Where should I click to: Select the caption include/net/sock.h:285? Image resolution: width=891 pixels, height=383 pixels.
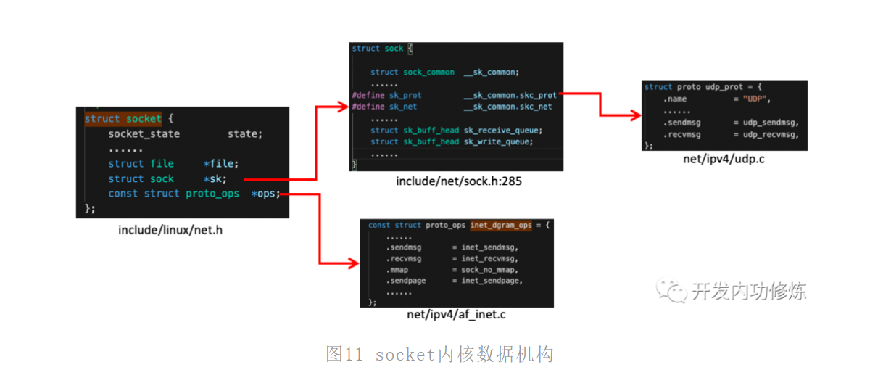(x=458, y=181)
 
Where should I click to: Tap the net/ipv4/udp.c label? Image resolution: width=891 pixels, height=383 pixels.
(x=724, y=159)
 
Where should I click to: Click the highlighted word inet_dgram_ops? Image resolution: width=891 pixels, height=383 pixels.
(x=500, y=225)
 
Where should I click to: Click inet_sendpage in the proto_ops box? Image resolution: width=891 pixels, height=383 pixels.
(x=492, y=281)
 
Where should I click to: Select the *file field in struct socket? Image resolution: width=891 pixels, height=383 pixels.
(x=220, y=164)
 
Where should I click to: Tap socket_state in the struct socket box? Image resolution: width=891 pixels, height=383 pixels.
(x=144, y=133)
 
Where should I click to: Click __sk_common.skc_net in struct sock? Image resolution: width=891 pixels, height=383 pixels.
(x=507, y=107)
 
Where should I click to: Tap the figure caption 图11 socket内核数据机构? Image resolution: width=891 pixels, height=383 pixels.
(x=440, y=354)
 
